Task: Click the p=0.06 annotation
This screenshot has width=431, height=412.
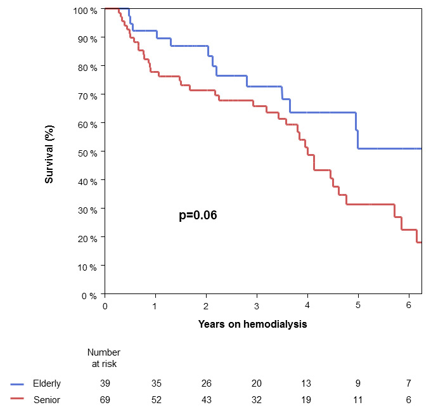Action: [198, 216]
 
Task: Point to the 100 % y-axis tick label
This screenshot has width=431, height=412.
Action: [85, 11]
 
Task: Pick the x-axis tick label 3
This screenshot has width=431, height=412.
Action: [257, 306]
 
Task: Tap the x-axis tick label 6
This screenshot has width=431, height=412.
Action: [409, 306]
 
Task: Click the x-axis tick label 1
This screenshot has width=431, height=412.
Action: [155, 306]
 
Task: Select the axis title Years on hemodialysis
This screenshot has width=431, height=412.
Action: [252, 324]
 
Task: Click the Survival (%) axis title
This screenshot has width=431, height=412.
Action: [49, 152]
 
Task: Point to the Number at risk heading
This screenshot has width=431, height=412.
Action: [104, 357]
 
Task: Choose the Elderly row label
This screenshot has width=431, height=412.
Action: [47, 383]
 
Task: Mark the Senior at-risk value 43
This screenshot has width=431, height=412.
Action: [206, 399]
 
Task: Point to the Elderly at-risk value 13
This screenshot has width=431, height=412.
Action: [307, 383]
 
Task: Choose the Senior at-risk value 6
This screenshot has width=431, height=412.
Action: [409, 399]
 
